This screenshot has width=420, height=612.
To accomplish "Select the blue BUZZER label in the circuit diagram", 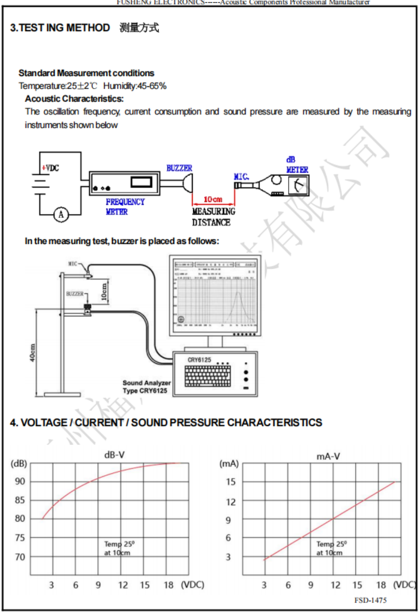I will [179, 168].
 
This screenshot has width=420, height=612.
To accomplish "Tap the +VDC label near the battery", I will [50, 168].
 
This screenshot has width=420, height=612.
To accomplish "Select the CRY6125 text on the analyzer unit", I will [200, 360].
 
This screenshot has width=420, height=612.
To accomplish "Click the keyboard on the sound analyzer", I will [208, 376].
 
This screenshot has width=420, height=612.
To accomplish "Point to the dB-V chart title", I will [114, 455].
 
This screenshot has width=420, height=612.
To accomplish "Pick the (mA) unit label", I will [229, 464].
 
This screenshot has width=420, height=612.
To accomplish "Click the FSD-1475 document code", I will [371, 600].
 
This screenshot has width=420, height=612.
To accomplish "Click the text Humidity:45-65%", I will [135, 86].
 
